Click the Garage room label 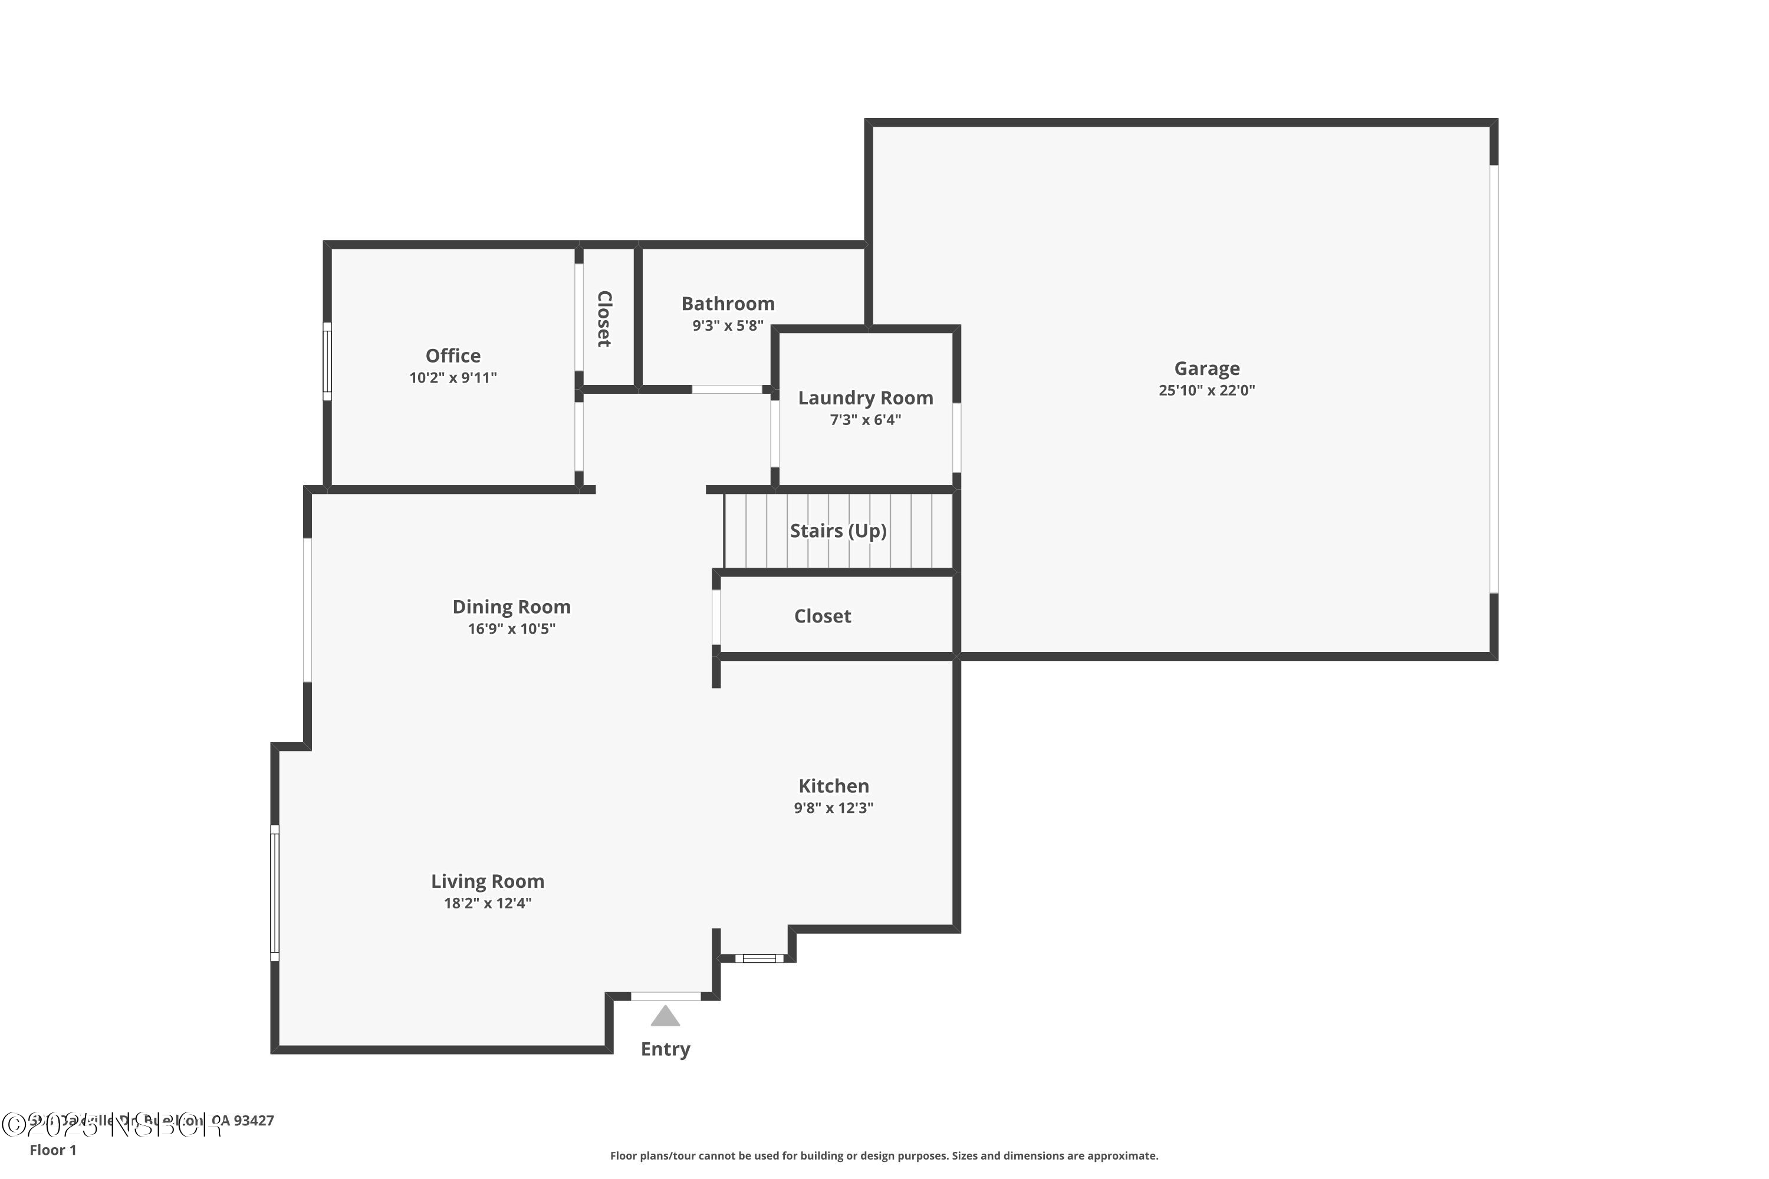coord(1206,368)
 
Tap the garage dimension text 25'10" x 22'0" coord(1206,390)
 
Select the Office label coord(453,355)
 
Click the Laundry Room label coord(865,398)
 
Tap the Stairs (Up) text coord(838,531)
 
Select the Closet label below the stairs coord(822,617)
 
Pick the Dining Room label coord(511,607)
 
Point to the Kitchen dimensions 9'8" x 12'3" coord(833,808)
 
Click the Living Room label coord(488,881)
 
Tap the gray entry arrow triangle coord(665,1017)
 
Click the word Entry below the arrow coord(665,1049)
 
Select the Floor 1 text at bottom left coord(52,1150)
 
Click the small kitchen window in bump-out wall coord(759,958)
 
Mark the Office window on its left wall coord(327,362)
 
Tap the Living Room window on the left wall coord(275,893)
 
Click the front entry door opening coord(666,996)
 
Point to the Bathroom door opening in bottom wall coord(726,390)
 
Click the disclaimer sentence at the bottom coord(884,1155)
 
